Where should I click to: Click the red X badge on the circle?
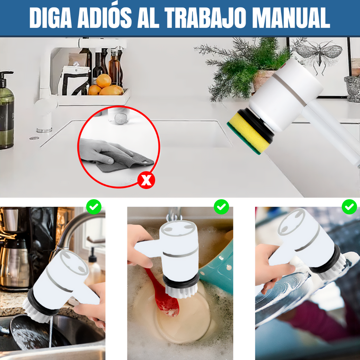pos(146,180)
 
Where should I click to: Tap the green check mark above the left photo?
pos(94,207)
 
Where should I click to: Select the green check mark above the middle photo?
pos(221,207)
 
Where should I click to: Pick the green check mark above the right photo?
pos(349,207)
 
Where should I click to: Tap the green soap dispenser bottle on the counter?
pos(7,110)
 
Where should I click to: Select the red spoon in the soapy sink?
pos(163,293)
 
